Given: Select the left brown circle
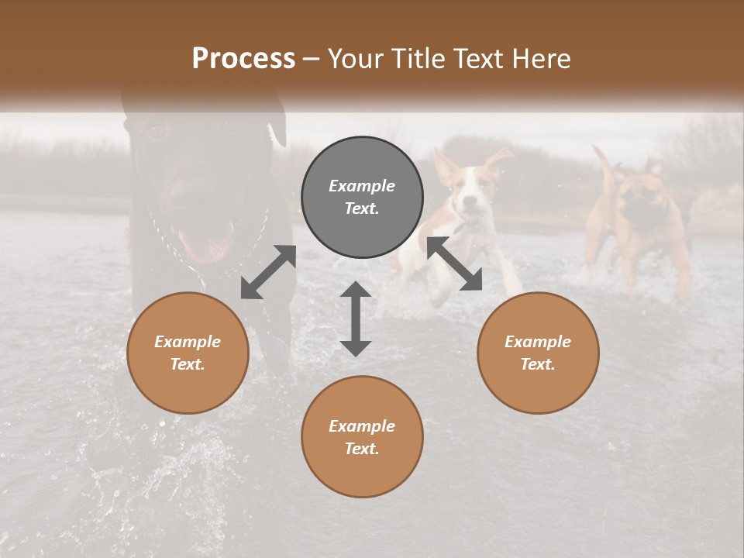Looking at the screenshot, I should tap(188, 353).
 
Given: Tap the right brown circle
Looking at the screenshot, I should tap(538, 353).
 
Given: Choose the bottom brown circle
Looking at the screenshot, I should tap(362, 436).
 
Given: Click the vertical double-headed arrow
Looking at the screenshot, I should tap(356, 319).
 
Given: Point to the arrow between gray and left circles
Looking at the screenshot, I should tap(268, 272).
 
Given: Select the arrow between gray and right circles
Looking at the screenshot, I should tap(455, 264).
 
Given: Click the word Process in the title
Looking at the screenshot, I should tap(243, 58).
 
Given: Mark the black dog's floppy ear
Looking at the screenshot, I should tap(277, 124).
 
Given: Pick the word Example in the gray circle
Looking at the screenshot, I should tap(362, 186).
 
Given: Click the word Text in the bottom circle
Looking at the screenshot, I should tap(362, 449).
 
